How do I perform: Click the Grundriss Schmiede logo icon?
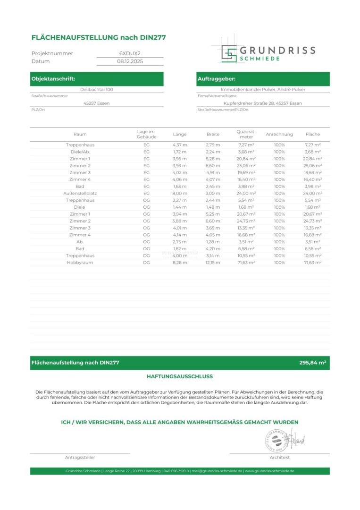point(229,53)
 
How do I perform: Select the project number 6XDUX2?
point(130,53)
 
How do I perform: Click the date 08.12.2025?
point(130,61)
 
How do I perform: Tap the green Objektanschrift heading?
point(53,79)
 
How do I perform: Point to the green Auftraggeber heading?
point(217,79)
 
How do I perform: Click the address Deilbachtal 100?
point(97,89)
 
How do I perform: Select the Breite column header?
point(213,134)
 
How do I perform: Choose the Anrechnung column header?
point(279,134)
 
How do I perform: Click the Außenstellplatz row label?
point(80,193)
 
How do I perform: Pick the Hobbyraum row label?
point(80,262)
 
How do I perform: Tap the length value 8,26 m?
point(180,262)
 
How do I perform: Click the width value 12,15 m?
point(213,262)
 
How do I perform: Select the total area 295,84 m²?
point(313,363)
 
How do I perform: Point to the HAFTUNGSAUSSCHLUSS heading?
point(180,376)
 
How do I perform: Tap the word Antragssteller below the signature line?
point(80,458)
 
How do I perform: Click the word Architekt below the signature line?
point(279,458)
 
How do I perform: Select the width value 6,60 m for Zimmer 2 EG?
point(213,166)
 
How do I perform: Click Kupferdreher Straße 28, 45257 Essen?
point(263,103)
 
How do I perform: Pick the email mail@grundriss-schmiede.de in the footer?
point(217,471)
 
